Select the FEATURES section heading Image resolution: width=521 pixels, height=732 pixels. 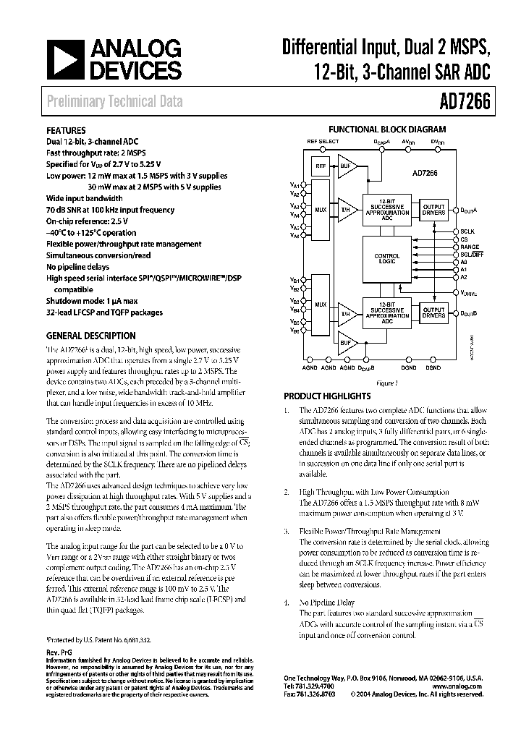coord(67,131)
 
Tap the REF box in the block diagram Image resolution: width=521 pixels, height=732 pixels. coord(319,166)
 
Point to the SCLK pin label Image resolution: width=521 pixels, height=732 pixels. coord(468,231)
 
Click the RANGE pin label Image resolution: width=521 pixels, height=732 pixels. coord(470,247)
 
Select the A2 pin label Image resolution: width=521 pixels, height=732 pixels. coord(464,276)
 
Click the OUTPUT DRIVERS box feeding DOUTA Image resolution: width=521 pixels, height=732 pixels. coord(433,209)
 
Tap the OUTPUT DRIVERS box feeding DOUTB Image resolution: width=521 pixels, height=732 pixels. coord(433,312)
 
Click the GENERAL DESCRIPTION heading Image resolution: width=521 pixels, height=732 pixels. coord(90,336)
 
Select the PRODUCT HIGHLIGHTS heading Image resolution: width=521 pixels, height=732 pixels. coord(327,396)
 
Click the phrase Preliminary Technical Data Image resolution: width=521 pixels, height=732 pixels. coord(115,102)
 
